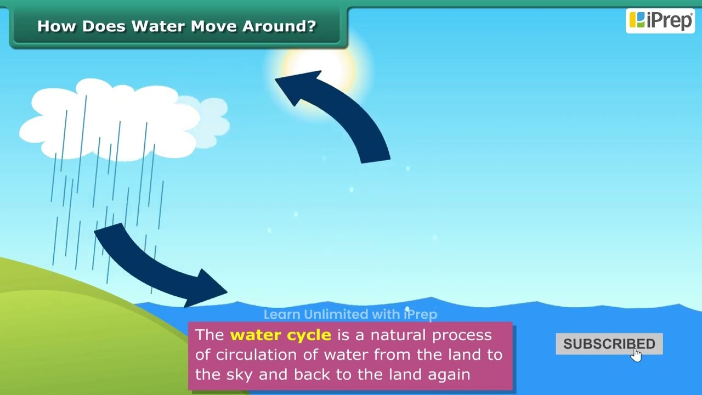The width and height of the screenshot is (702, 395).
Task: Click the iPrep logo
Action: click(660, 20)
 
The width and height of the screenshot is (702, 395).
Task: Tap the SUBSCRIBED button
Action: click(609, 344)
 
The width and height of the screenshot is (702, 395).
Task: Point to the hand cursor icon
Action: click(636, 355)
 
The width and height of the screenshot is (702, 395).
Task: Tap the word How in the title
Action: click(57, 26)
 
